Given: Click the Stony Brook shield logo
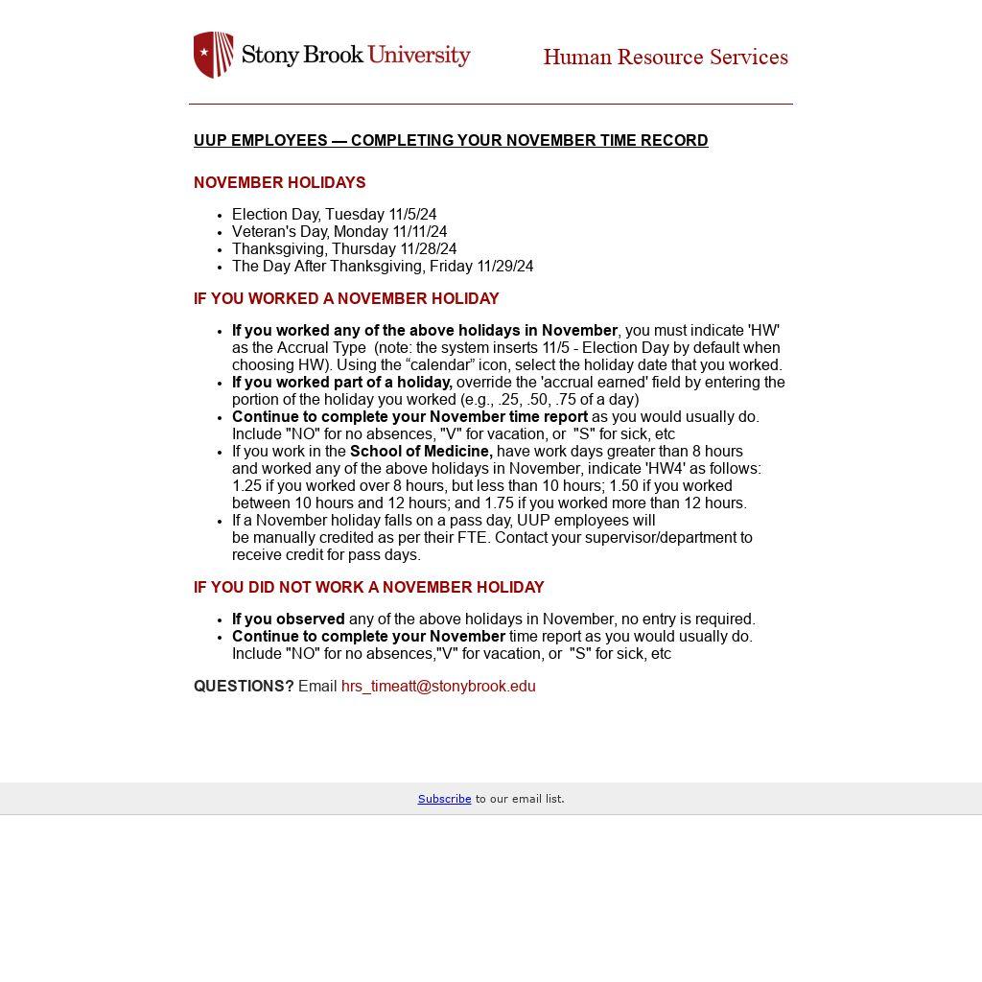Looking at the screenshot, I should click(213, 55).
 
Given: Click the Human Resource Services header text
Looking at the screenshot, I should click(666, 58).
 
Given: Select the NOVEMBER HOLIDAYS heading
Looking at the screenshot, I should click(279, 183).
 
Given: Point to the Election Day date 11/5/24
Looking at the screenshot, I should click(412, 215).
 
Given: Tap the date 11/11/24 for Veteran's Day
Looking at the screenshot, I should click(419, 232).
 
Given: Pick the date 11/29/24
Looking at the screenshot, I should click(504, 267).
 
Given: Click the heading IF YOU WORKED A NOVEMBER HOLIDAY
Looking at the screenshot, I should click(346, 299).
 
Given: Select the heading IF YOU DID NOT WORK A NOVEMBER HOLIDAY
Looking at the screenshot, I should click(368, 588).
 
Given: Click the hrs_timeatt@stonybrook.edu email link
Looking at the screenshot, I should click(438, 687).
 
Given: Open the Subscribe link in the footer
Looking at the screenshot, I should click(444, 799).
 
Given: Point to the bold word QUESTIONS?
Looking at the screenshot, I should click(244, 687).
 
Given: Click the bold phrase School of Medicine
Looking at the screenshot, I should click(421, 452).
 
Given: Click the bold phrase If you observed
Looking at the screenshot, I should click(288, 620).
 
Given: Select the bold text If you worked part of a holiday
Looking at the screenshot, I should click(341, 383).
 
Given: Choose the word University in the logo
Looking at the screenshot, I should click(419, 55).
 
